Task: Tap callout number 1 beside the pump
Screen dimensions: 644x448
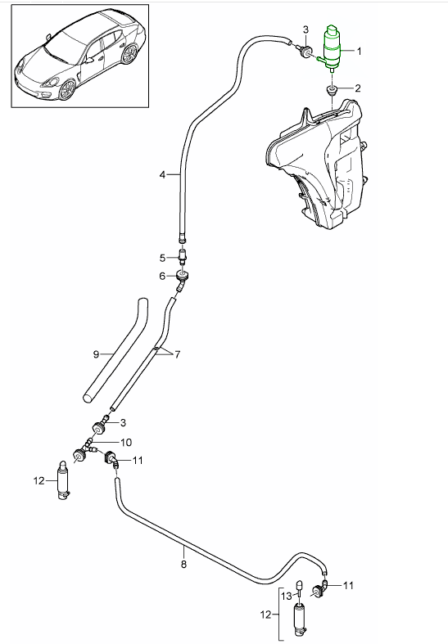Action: click(x=356, y=51)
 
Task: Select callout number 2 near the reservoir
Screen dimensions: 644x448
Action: click(x=356, y=88)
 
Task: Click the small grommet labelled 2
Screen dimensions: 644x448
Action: click(x=333, y=88)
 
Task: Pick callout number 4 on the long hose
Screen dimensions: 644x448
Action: click(x=162, y=175)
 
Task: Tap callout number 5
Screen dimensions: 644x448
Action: click(x=162, y=258)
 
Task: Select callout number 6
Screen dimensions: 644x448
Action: click(x=162, y=276)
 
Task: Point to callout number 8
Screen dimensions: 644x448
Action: click(x=183, y=564)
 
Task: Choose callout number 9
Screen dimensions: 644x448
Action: click(x=96, y=354)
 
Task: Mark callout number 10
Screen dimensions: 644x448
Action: click(x=125, y=442)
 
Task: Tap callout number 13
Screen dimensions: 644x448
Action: click(x=287, y=597)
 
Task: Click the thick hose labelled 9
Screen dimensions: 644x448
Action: click(x=115, y=352)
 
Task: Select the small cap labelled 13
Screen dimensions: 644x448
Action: click(x=300, y=587)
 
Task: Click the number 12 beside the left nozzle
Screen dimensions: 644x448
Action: click(x=38, y=480)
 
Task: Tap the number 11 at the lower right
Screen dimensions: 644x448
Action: click(x=347, y=585)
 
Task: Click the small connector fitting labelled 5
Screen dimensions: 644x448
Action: click(x=182, y=258)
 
